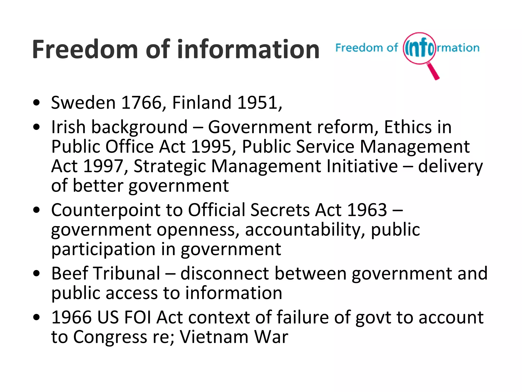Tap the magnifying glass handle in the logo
coord(433,71)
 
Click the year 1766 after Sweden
coord(142,103)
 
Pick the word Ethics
coord(408,127)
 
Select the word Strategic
coord(170,167)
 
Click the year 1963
coord(367,210)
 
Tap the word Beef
coord(70,273)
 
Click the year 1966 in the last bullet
coord(71,317)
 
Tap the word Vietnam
coord(214,337)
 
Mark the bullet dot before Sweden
coord(37,103)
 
